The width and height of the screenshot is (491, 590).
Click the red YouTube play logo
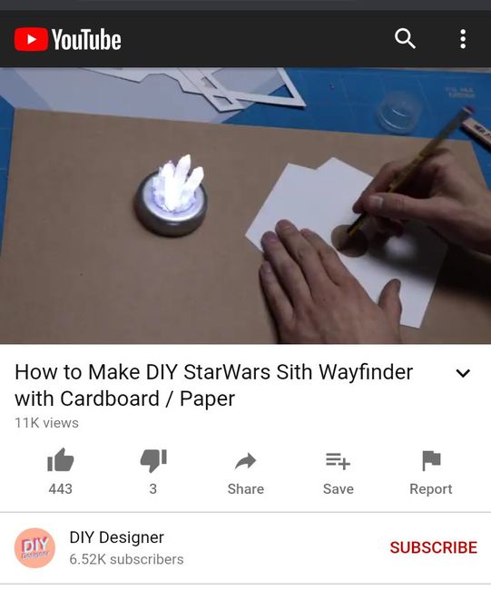click(x=31, y=39)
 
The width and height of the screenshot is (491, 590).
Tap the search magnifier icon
click(x=405, y=38)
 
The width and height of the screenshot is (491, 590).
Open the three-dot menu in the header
click(x=463, y=39)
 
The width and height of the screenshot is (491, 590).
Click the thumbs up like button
click(x=60, y=460)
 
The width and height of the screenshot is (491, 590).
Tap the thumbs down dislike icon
click(x=153, y=460)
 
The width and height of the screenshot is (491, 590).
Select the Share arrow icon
click(x=245, y=461)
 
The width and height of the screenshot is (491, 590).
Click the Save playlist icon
click(x=338, y=461)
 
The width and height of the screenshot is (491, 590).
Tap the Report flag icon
click(x=431, y=460)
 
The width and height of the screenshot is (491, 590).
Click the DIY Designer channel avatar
click(x=34, y=548)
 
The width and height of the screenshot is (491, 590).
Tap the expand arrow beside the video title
click(x=463, y=373)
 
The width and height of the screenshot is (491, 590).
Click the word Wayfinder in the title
click(x=366, y=372)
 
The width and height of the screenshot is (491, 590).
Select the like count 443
click(x=60, y=488)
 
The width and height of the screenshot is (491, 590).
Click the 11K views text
click(x=46, y=423)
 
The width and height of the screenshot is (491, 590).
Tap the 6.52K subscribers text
click(x=126, y=559)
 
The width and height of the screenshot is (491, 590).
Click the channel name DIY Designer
click(x=117, y=537)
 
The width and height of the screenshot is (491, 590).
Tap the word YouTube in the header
click(x=86, y=40)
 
